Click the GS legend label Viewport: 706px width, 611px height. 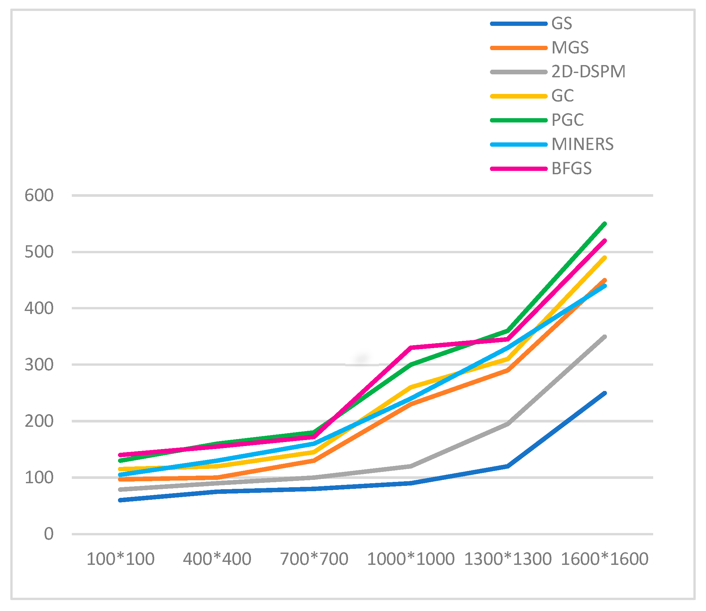point(562,24)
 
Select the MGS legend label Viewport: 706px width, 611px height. point(570,48)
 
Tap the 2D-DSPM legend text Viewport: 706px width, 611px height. point(588,72)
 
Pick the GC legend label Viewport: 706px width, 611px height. point(562,96)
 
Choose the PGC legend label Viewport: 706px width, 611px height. point(567,120)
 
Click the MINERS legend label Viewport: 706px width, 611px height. point(582,144)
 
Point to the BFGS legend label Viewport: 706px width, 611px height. point(571,169)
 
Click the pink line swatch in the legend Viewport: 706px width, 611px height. point(519,169)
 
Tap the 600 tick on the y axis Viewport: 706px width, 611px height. point(39,195)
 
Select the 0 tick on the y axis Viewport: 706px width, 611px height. point(49,534)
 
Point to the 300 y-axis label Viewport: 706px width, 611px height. point(39,365)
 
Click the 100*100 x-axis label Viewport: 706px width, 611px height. point(120,559)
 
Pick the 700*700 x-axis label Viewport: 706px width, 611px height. point(314,559)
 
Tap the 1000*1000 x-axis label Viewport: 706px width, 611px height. point(411,559)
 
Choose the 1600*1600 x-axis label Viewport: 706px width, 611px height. point(604,559)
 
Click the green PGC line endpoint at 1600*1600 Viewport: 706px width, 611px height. point(605,224)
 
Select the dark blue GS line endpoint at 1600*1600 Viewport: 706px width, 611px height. point(605,393)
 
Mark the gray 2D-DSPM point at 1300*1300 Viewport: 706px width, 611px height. point(508,424)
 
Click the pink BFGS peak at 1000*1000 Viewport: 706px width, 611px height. point(411,348)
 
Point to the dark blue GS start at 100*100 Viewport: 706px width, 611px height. point(120,500)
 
